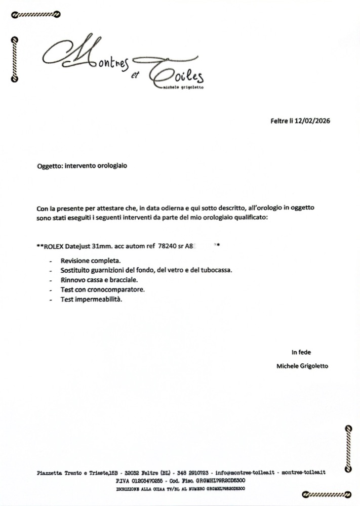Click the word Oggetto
(x=50, y=165)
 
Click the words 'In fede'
(x=301, y=352)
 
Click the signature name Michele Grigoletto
(x=302, y=366)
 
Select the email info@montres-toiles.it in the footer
(x=245, y=472)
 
